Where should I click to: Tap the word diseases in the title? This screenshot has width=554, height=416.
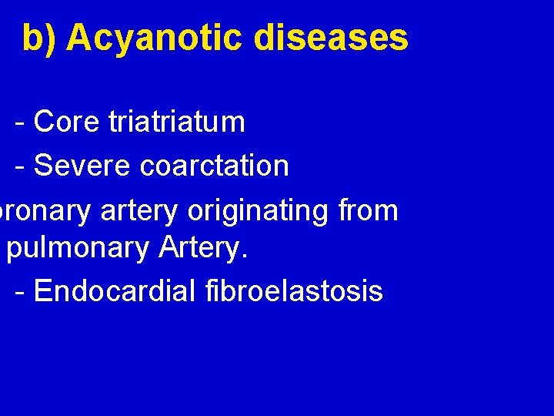pos(331,37)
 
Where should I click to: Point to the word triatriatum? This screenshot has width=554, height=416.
pos(177,122)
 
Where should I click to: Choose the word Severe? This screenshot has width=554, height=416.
pos(82,165)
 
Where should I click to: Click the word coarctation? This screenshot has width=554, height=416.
pos(215,165)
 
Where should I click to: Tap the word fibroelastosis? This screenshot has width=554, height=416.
pos(295,291)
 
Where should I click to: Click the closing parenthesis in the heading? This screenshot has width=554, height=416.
pos(52,39)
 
